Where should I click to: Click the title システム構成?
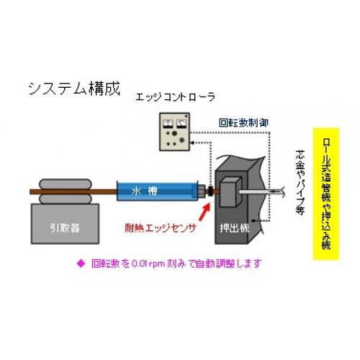tap(74, 89)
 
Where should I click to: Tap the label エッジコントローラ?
tap(175, 97)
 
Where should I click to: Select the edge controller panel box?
tap(174, 132)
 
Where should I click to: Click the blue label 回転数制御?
tap(243, 123)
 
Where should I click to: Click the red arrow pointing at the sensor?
tap(204, 212)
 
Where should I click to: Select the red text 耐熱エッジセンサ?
tap(161, 228)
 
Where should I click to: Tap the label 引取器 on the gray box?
tap(65, 228)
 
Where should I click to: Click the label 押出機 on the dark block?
tap(235, 228)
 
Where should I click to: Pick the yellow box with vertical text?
tap(326, 194)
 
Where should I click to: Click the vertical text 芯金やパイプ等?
tap(300, 182)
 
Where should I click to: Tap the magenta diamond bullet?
tap(81, 264)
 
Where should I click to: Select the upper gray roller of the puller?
tap(66, 184)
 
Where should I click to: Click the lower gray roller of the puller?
tap(66, 199)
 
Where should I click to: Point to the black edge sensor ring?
tap(210, 192)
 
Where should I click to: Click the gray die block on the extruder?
tap(230, 192)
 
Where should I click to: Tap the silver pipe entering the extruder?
tap(261, 192)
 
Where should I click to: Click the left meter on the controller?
tap(168, 124)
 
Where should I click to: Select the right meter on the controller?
tap(181, 124)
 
